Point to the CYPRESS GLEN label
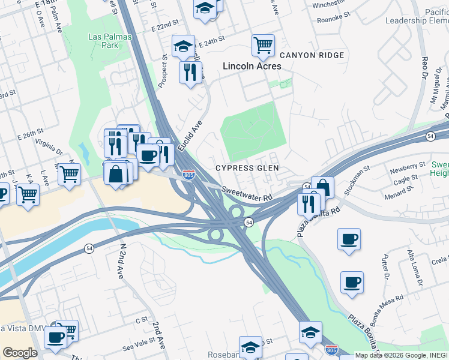(x=247, y=168)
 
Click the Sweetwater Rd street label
(x=247, y=193)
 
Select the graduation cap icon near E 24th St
(x=183, y=46)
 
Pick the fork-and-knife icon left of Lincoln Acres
(x=190, y=73)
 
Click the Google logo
(x=20, y=352)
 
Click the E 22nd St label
(x=166, y=28)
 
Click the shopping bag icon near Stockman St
(x=322, y=187)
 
